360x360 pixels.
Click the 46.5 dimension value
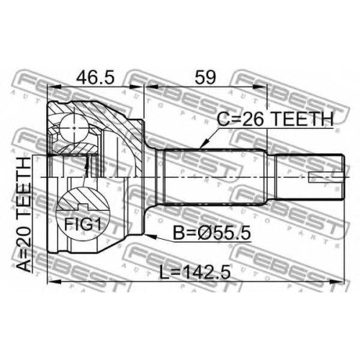click(x=95, y=76)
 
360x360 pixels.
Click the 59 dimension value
click(x=205, y=77)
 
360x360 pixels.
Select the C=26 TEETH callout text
click(x=275, y=119)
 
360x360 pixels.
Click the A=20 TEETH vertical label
click(x=24, y=215)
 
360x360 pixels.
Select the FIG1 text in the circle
click(x=83, y=225)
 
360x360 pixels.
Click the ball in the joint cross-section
click(x=73, y=128)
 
